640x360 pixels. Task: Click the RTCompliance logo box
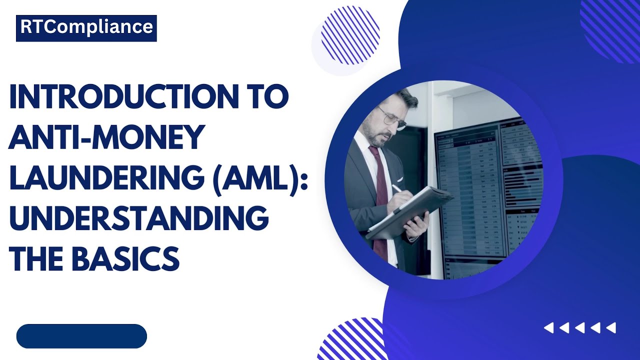[x=86, y=28]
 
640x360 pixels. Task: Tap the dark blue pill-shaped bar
[x=81, y=336]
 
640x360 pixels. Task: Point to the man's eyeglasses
[x=393, y=119]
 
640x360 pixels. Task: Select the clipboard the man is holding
[x=410, y=212]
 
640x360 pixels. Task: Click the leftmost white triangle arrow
[x=549, y=328]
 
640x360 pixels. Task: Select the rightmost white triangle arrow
[x=610, y=328]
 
